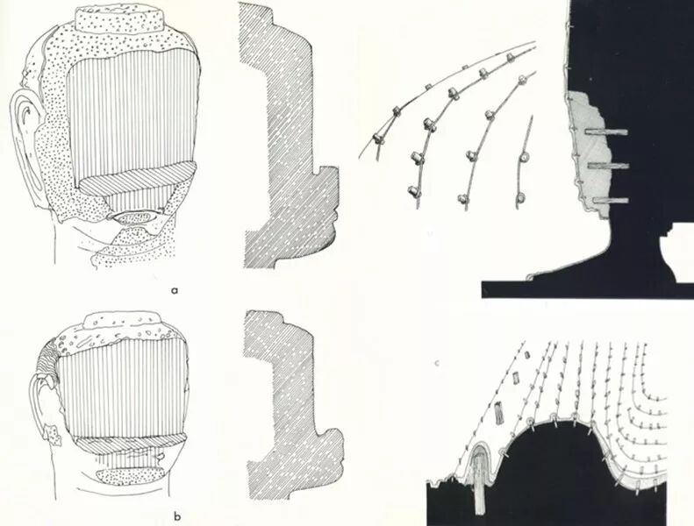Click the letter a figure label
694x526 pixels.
175,291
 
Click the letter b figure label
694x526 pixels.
177,515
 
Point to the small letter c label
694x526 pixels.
437,364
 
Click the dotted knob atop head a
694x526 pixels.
120,18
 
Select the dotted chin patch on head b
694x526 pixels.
131,475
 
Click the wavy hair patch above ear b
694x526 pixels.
49,360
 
